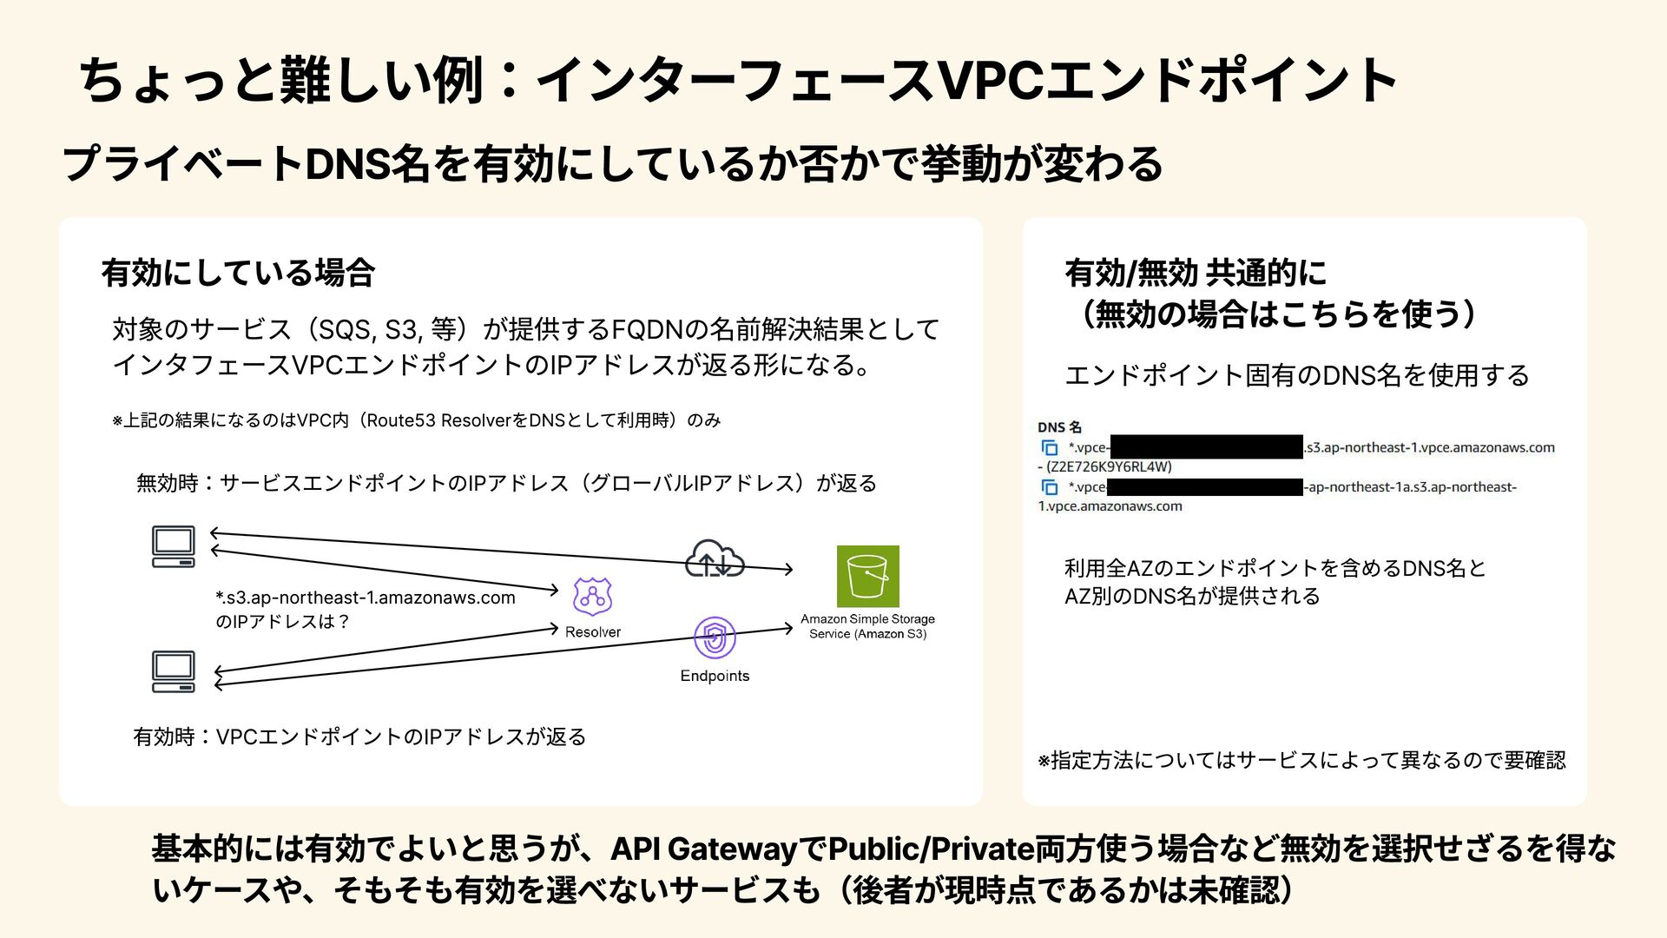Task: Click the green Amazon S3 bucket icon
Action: coord(867,576)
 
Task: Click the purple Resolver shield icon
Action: coord(592,598)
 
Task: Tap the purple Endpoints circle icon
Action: coord(715,638)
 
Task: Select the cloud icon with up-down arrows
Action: coord(715,558)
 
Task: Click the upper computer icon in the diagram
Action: coord(174,546)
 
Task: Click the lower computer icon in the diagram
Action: coord(174,671)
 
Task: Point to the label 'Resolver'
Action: coord(592,632)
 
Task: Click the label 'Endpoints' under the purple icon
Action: coord(715,676)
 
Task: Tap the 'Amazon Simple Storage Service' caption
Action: coord(867,626)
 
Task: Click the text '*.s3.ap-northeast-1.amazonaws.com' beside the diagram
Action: coord(366,598)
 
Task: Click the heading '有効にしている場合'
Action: coord(238,273)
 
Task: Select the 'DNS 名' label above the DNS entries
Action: coord(1059,427)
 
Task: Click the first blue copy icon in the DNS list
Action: coord(1050,448)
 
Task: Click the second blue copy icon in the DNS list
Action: coord(1050,487)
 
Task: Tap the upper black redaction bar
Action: coord(1206,447)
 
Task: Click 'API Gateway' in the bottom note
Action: coord(704,849)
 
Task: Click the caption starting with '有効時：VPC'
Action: coord(359,737)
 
